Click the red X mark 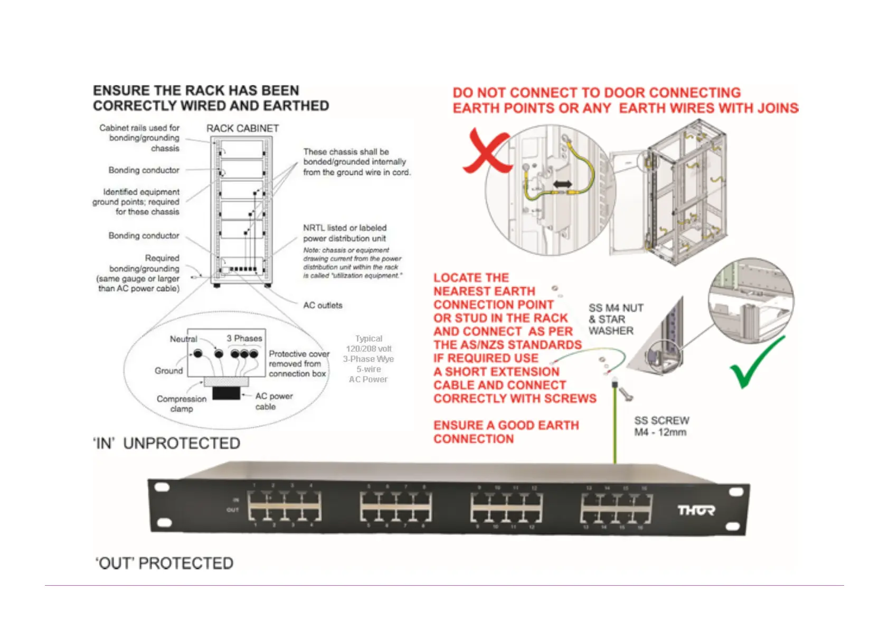tap(487, 152)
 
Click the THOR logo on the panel tap(696, 510)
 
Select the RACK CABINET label tap(242, 128)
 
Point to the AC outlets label tap(323, 305)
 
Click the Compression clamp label tap(181, 404)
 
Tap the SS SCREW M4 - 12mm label tap(661, 426)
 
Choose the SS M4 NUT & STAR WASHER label tap(616, 320)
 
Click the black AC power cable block tap(226, 393)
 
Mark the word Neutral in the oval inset tap(183, 339)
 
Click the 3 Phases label tap(244, 338)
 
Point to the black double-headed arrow tap(563, 184)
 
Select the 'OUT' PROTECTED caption tap(164, 564)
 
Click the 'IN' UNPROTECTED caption tap(167, 443)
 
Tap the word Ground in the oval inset tap(168, 371)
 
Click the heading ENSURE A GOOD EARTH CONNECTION tap(506, 432)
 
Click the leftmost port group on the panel tap(285, 505)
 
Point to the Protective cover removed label tap(299, 364)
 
